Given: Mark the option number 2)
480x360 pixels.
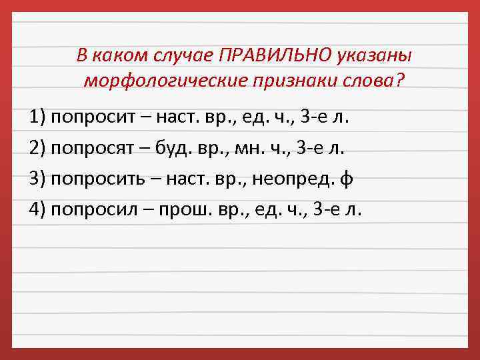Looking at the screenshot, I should pyautogui.click(x=37, y=148).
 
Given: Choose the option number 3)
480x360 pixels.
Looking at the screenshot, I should pyautogui.click(x=37, y=179).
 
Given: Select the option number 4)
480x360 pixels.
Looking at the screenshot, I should pyautogui.click(x=37, y=209).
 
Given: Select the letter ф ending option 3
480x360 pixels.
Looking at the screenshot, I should pyautogui.click(x=345, y=179).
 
